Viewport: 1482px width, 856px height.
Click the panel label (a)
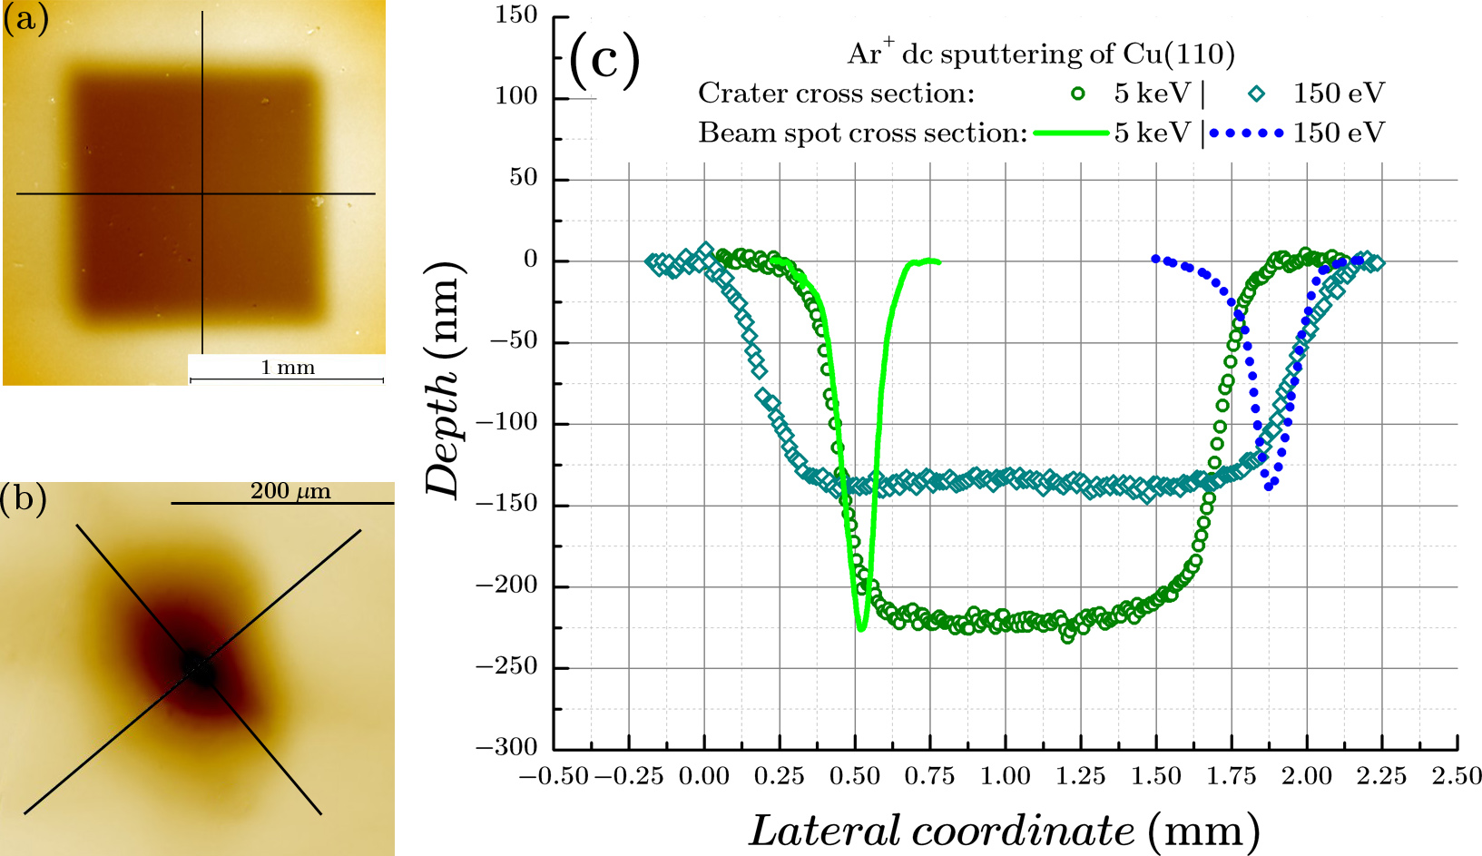pyautogui.click(x=25, y=18)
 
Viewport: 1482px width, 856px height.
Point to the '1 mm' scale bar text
pyautogui.click(x=288, y=368)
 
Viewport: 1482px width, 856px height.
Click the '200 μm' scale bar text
pyautogui.click(x=290, y=491)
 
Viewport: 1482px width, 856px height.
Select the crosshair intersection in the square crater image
pyautogui.click(x=201, y=193)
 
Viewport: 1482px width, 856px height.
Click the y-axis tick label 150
pyautogui.click(x=516, y=15)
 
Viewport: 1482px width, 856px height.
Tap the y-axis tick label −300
pyautogui.click(x=506, y=747)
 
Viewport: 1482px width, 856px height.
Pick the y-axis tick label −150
pyautogui.click(x=506, y=504)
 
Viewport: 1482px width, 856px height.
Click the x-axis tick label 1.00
pyautogui.click(x=1006, y=776)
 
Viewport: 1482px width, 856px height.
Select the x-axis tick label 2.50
pyautogui.click(x=1457, y=776)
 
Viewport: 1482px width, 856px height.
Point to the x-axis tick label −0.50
pyautogui.click(x=554, y=776)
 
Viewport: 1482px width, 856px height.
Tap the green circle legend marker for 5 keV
pyautogui.click(x=1078, y=93)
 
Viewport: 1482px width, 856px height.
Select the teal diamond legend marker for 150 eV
pyautogui.click(x=1257, y=93)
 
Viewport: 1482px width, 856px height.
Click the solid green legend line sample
pyautogui.click(x=1071, y=133)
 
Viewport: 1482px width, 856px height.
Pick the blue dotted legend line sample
pyautogui.click(x=1247, y=133)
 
